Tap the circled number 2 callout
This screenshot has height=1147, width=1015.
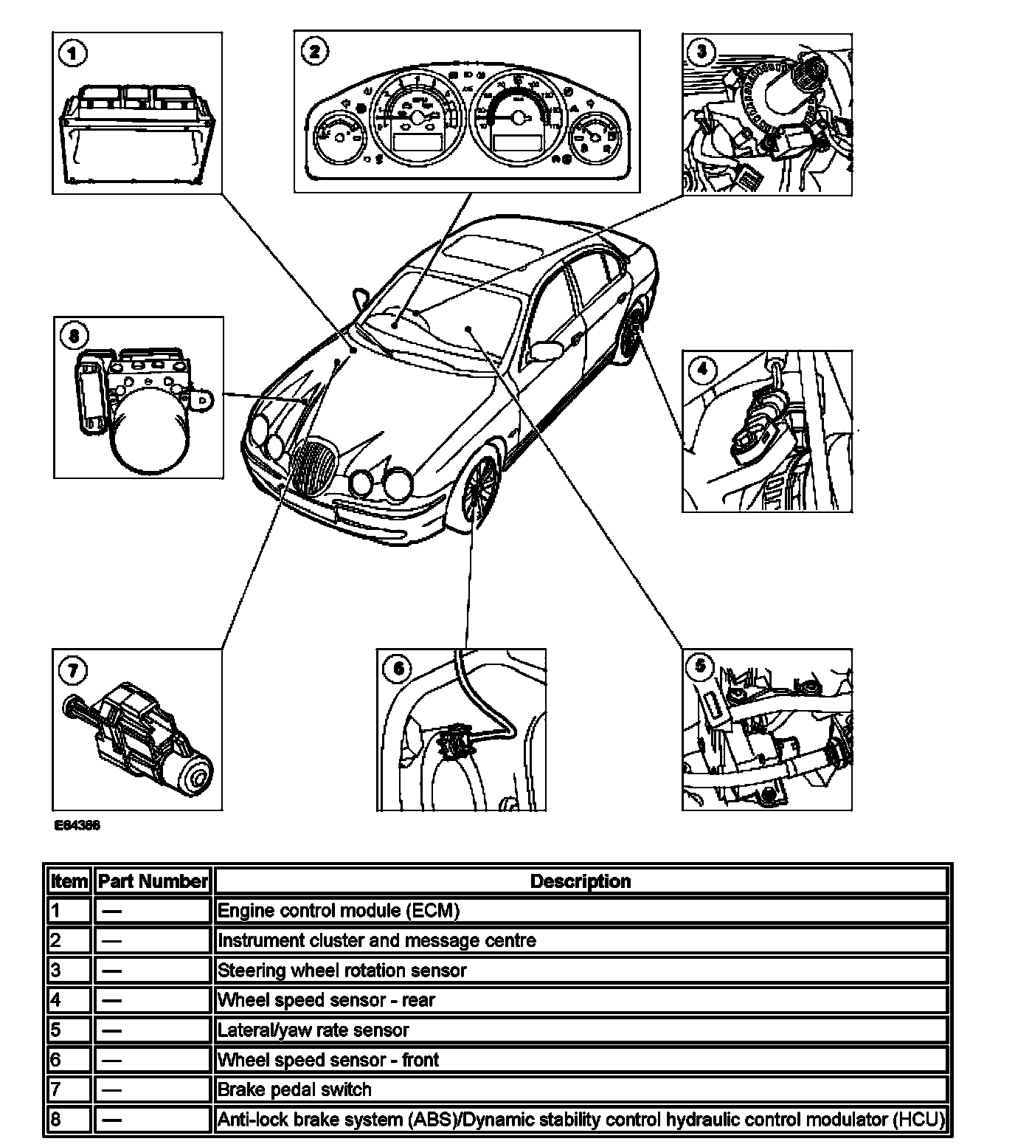tap(315, 51)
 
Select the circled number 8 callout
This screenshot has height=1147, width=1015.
tap(73, 337)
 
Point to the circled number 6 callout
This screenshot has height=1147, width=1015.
tap(398, 669)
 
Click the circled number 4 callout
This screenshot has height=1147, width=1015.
tap(702, 368)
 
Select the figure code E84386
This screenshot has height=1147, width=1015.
tap(77, 826)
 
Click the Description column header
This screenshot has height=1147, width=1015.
tap(580, 881)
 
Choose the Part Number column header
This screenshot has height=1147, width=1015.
tap(153, 881)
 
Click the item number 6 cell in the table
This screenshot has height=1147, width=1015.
tap(69, 1060)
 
